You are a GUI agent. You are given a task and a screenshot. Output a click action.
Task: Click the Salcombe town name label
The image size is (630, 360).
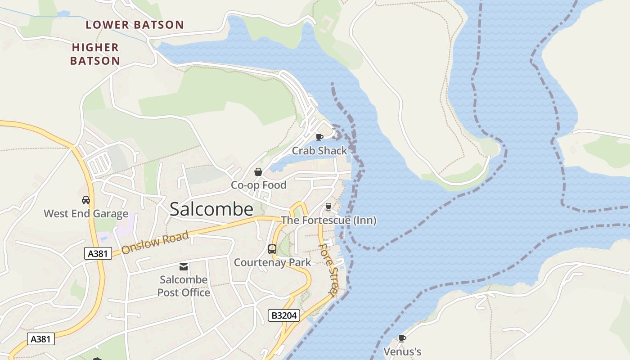point(211,209)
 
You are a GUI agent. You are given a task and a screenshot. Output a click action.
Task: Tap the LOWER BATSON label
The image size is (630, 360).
point(135,25)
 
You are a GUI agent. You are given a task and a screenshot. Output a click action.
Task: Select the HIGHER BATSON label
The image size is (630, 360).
point(95,54)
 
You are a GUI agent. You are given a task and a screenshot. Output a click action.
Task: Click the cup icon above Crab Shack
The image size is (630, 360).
point(319,137)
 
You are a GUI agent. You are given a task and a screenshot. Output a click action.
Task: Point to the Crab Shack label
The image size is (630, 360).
point(319,151)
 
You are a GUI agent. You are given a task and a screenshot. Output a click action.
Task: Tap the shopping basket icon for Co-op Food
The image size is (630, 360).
point(258,171)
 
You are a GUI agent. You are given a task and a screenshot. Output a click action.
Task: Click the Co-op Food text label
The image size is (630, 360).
point(258,185)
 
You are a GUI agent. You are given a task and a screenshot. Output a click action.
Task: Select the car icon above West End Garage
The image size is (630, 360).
point(85,200)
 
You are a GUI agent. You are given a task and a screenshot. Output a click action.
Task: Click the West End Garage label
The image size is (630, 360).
point(85,213)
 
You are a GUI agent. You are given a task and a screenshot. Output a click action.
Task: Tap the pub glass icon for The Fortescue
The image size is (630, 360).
point(328,207)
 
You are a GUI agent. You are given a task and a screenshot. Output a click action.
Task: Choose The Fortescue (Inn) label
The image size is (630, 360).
point(328,220)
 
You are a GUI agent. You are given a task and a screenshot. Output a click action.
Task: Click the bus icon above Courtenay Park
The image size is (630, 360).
point(272,249)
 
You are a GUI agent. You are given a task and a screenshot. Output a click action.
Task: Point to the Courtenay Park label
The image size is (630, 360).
point(272,262)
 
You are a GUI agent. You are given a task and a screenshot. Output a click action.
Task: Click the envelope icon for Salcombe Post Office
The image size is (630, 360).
point(184,267)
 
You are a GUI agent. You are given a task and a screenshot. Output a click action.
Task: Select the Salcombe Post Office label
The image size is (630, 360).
point(184,286)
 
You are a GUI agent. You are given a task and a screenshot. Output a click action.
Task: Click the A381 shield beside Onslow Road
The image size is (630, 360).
point(98,253)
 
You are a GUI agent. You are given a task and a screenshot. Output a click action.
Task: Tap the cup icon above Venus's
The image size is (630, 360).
point(402,338)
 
